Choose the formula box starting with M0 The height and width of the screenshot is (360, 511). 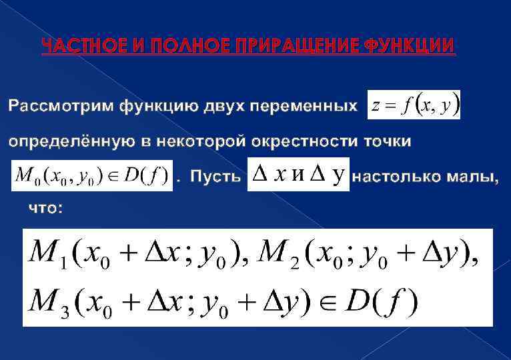91,177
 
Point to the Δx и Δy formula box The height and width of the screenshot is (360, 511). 298,175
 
